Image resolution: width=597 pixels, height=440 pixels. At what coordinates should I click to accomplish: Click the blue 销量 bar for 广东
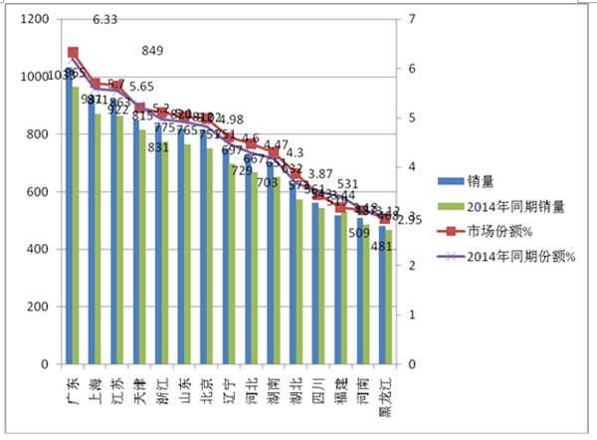(69, 219)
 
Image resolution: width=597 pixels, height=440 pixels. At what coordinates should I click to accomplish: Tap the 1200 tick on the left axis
(35, 20)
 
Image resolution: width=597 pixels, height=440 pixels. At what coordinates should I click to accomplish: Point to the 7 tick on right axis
(409, 20)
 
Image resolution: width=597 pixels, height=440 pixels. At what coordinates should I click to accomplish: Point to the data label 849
(154, 51)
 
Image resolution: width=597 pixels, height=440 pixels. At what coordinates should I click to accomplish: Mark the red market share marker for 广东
(73, 53)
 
